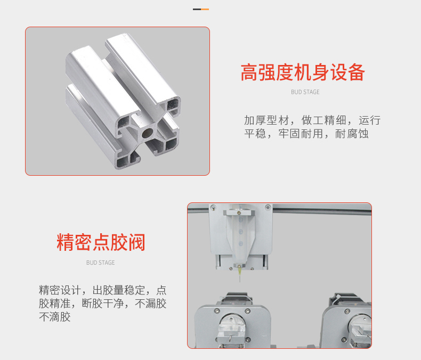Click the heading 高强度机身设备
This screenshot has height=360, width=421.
[302, 72]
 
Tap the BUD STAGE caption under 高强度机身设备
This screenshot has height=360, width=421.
[305, 92]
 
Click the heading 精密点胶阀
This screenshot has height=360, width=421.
[101, 242]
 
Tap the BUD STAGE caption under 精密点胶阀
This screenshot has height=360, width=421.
[100, 263]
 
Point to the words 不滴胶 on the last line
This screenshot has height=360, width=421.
[55, 317]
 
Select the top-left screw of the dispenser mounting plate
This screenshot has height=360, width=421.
[213, 207]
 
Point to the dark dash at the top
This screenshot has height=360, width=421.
[197, 9]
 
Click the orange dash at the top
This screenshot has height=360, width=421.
[205, 9]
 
